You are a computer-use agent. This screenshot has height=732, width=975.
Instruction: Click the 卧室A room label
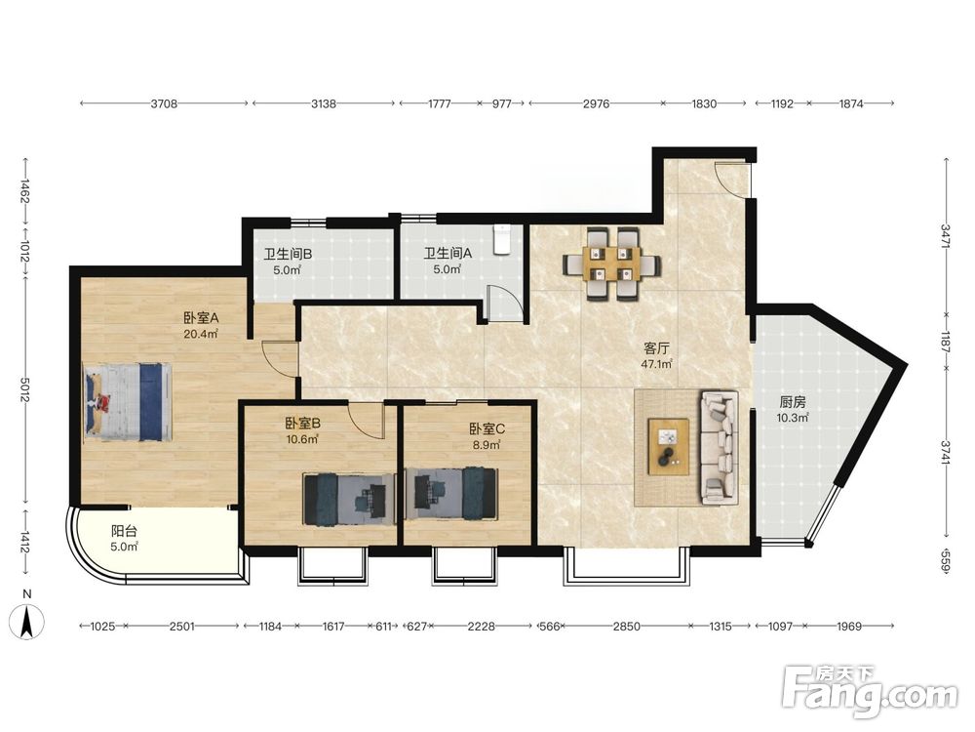(x=201, y=318)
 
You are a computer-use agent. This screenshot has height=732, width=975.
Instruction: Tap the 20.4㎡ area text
(x=200, y=334)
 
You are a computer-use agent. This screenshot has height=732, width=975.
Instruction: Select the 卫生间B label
(x=288, y=254)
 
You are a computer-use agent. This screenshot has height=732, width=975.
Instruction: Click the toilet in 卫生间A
(x=502, y=240)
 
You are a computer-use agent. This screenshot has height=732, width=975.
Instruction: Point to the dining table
(x=612, y=264)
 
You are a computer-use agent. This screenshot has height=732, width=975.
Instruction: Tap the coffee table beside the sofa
(x=669, y=446)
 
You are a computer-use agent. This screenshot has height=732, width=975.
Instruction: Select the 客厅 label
(x=656, y=349)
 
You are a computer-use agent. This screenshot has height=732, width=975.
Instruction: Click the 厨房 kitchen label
(x=792, y=403)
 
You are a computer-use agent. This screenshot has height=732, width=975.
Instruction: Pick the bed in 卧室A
(x=128, y=402)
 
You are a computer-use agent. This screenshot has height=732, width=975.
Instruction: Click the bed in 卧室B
(x=349, y=498)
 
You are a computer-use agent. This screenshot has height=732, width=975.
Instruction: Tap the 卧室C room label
(x=487, y=428)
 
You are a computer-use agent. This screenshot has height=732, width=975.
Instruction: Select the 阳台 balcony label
(x=124, y=532)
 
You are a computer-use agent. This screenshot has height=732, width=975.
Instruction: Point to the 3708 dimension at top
(x=164, y=104)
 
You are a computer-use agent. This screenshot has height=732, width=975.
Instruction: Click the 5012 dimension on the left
(x=26, y=389)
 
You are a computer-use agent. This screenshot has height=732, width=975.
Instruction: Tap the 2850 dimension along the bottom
(x=627, y=627)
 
